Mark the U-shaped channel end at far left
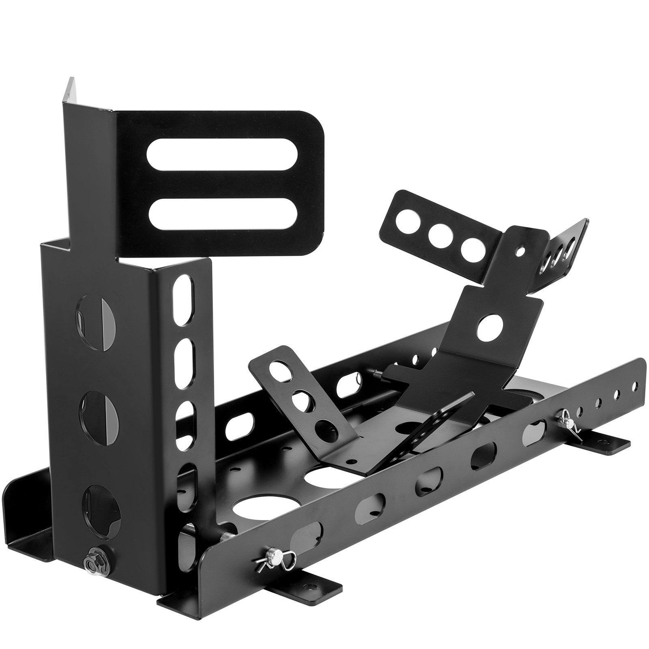(x=24, y=523)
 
